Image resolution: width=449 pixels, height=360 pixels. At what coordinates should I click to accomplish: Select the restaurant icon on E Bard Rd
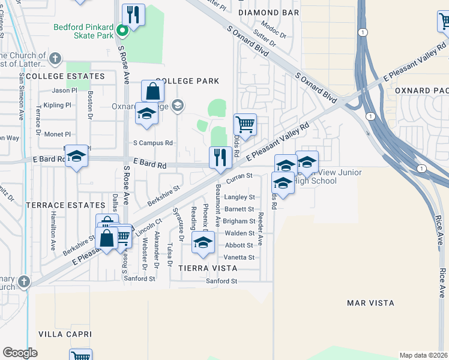click(220, 158)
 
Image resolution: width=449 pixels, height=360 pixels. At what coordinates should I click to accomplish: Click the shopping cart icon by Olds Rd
click(245, 125)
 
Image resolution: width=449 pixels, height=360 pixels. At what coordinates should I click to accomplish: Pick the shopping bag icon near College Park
click(153, 92)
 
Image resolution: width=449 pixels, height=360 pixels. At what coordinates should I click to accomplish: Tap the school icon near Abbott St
click(203, 242)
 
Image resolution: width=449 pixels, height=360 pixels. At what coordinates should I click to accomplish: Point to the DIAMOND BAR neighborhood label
click(268, 12)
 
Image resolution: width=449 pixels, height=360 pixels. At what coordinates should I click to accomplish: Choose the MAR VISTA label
click(370, 303)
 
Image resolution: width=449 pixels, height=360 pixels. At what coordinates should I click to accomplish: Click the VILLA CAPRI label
click(65, 334)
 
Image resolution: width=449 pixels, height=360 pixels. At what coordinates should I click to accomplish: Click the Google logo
click(20, 353)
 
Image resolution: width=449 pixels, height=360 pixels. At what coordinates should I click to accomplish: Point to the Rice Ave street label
click(438, 227)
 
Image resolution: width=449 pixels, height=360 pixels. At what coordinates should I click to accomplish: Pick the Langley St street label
click(239, 197)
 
